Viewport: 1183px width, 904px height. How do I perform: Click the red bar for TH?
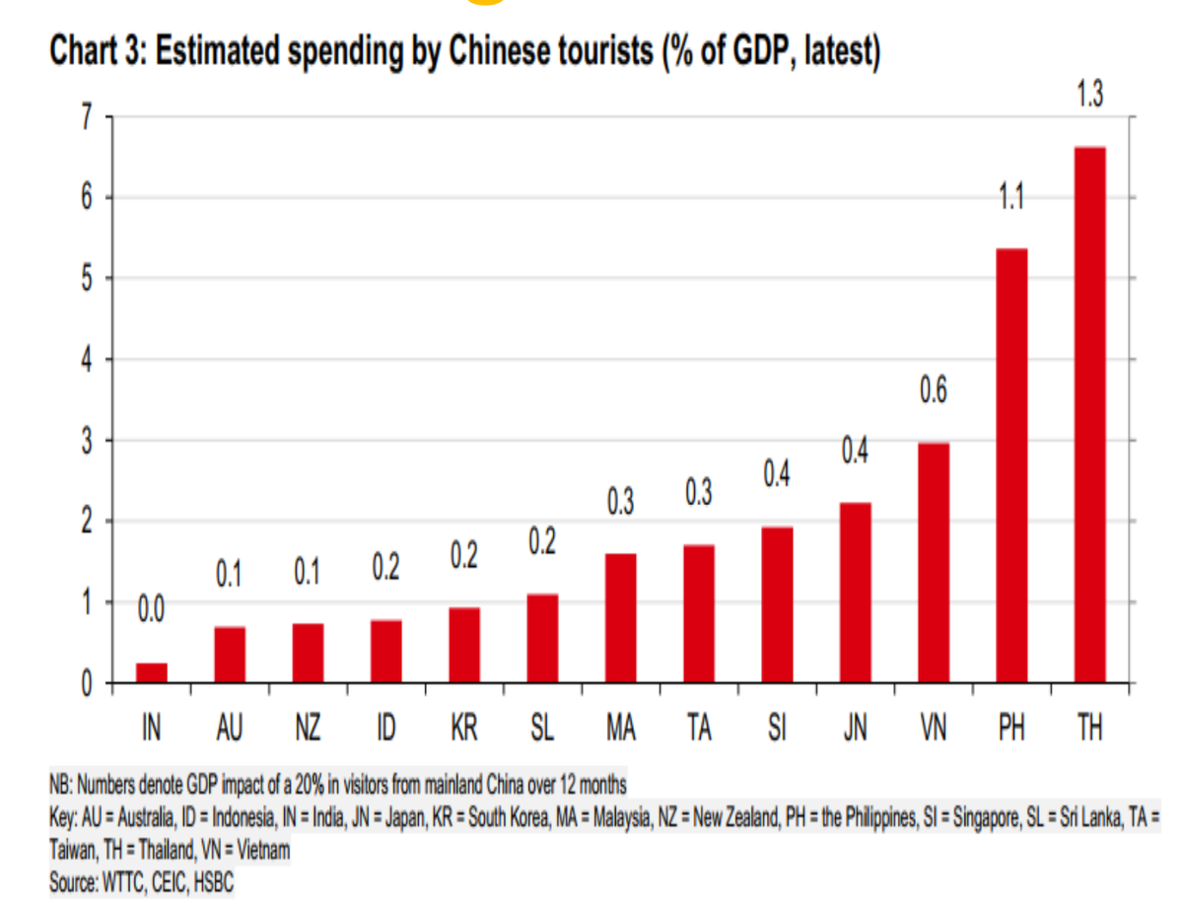[1089, 414]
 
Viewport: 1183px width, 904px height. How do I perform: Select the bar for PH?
[1012, 465]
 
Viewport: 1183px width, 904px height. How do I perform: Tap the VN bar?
[935, 562]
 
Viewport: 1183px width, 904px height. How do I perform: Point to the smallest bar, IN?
[152, 672]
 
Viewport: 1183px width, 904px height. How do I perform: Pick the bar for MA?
[621, 618]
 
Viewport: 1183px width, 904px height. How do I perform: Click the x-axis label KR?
[464, 729]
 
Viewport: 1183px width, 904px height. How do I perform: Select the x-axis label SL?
[542, 729]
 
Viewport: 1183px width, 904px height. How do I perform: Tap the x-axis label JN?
[856, 729]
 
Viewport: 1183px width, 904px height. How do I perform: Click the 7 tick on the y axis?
[87, 117]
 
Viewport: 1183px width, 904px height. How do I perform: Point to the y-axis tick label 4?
[87, 360]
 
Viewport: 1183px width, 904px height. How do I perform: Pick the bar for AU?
[230, 655]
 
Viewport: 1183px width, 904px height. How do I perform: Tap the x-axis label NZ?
[308, 729]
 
